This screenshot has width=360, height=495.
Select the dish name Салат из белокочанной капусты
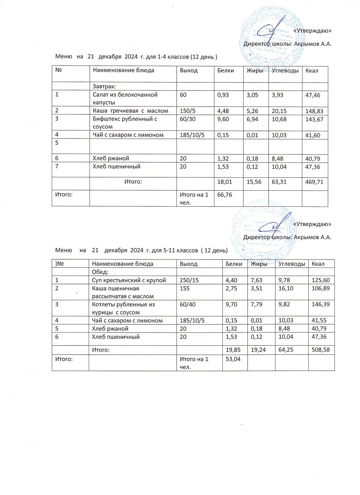125,98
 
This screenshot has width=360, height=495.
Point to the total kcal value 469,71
313,182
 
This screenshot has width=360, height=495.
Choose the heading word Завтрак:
104,86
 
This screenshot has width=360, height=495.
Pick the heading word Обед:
100,272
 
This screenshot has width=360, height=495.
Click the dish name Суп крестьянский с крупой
129,280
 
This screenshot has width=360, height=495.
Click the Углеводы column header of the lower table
292,264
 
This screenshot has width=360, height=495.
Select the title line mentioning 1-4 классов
136,56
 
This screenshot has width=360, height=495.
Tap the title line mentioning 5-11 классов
141,250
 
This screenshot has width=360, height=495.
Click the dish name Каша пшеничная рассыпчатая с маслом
122,292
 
